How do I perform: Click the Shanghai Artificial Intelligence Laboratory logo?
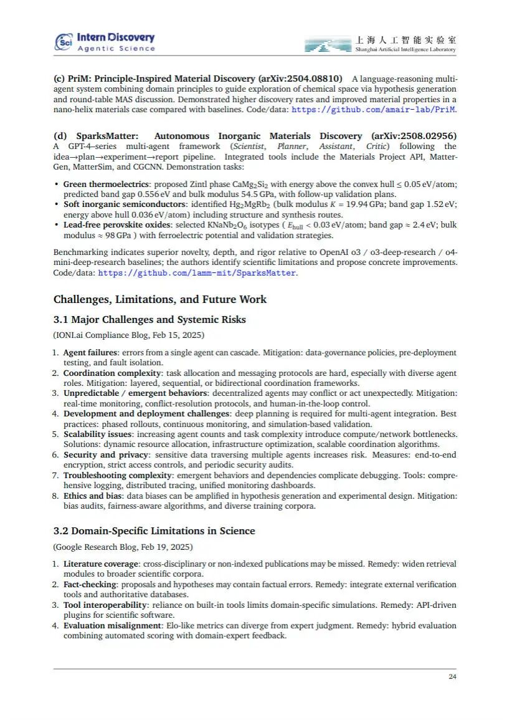[x=380, y=44]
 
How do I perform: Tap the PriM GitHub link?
[x=374, y=110]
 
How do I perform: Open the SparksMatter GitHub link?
[x=197, y=273]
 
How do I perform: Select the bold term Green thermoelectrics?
[x=107, y=185]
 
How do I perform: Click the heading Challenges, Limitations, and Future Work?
[x=160, y=299]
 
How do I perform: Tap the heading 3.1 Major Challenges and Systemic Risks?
[x=149, y=320]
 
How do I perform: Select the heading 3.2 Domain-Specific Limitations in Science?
[x=154, y=531]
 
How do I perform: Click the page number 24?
[x=452, y=677]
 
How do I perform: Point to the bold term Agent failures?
[x=90, y=353]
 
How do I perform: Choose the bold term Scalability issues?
[x=97, y=434]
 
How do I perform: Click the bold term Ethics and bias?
[x=92, y=496]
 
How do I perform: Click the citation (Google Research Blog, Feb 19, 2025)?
[x=123, y=547]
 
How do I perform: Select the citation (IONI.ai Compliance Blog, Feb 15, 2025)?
[x=128, y=335]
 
